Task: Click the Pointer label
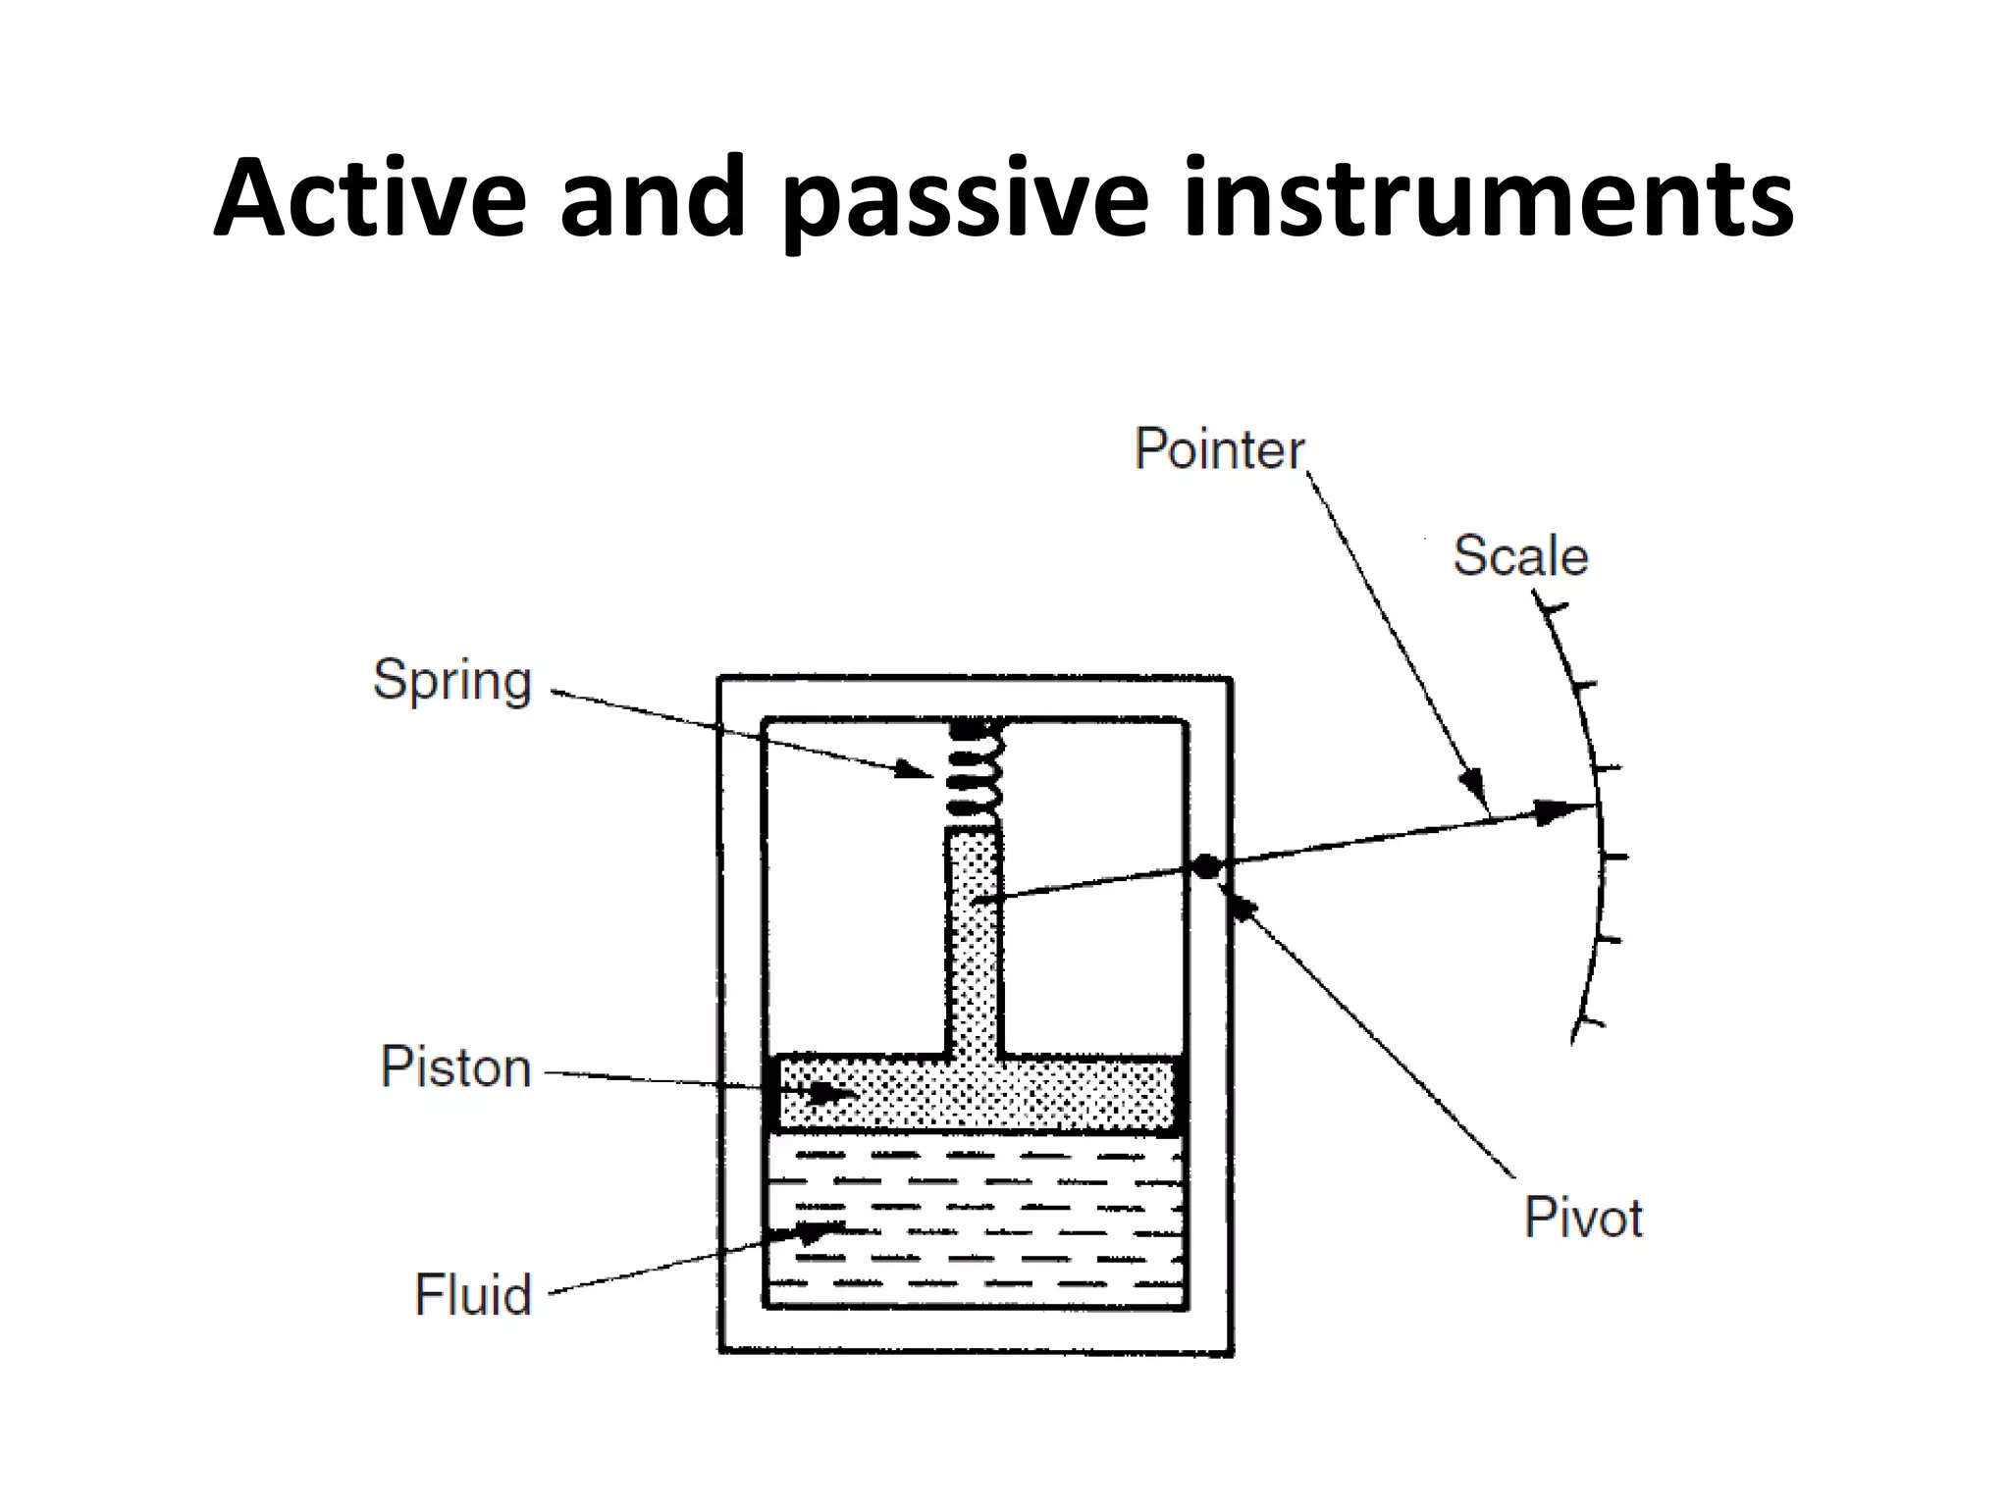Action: click(x=1219, y=449)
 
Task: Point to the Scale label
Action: click(x=1519, y=555)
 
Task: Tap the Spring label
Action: click(x=452, y=680)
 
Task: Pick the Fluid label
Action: click(x=472, y=1294)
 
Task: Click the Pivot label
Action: click(x=1582, y=1218)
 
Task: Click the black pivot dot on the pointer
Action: click(x=1206, y=866)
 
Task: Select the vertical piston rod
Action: click(x=974, y=942)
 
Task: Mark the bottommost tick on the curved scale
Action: click(x=1589, y=1023)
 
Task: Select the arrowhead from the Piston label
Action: click(x=836, y=1091)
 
